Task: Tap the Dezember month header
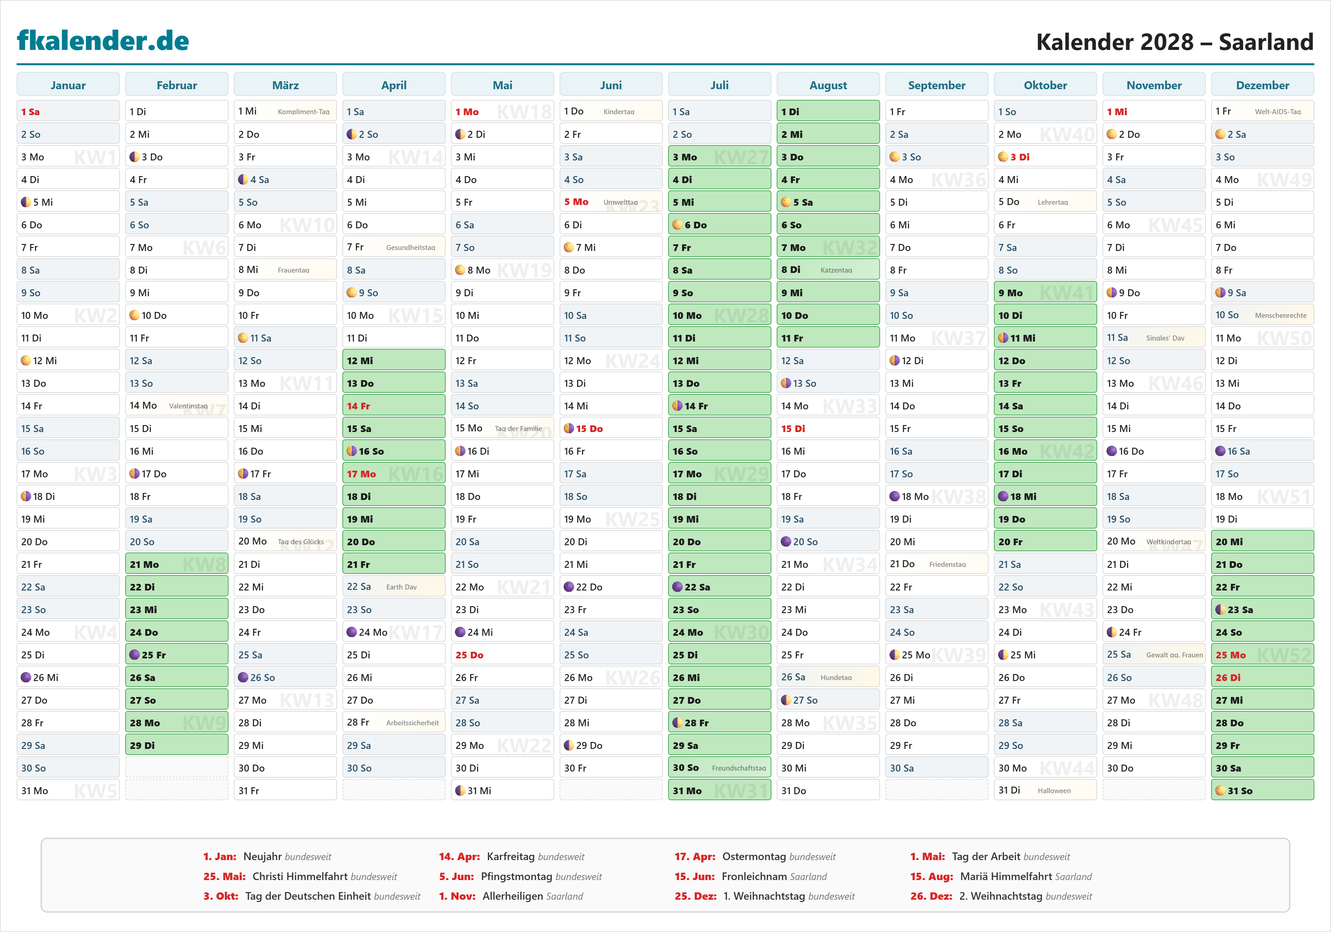(1262, 85)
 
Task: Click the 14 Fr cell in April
(394, 406)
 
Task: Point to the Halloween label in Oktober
(1054, 791)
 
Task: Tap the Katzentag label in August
(836, 270)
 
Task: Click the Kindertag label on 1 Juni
(619, 112)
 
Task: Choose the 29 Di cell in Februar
(176, 745)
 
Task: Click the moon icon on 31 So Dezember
(1220, 791)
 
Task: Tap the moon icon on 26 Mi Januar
(26, 677)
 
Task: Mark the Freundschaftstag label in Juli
(739, 768)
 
